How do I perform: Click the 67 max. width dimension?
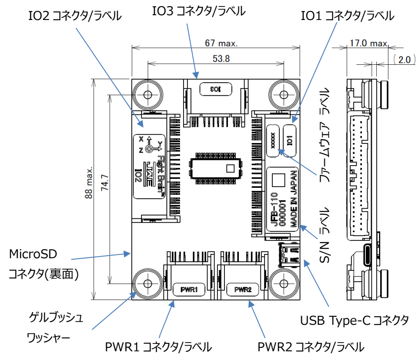pos(221,43)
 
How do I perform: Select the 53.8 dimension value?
pos(221,59)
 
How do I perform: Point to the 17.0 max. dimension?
pos(368,43)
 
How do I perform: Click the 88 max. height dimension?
pos(89,183)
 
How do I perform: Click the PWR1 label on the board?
pos(189,289)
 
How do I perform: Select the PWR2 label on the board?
pos(243,289)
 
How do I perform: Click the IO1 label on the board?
pos(289,140)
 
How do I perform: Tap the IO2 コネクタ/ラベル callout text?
pos(74,16)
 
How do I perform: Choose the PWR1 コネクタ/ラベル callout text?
pos(159,347)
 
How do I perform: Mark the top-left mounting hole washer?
pos(147,94)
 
